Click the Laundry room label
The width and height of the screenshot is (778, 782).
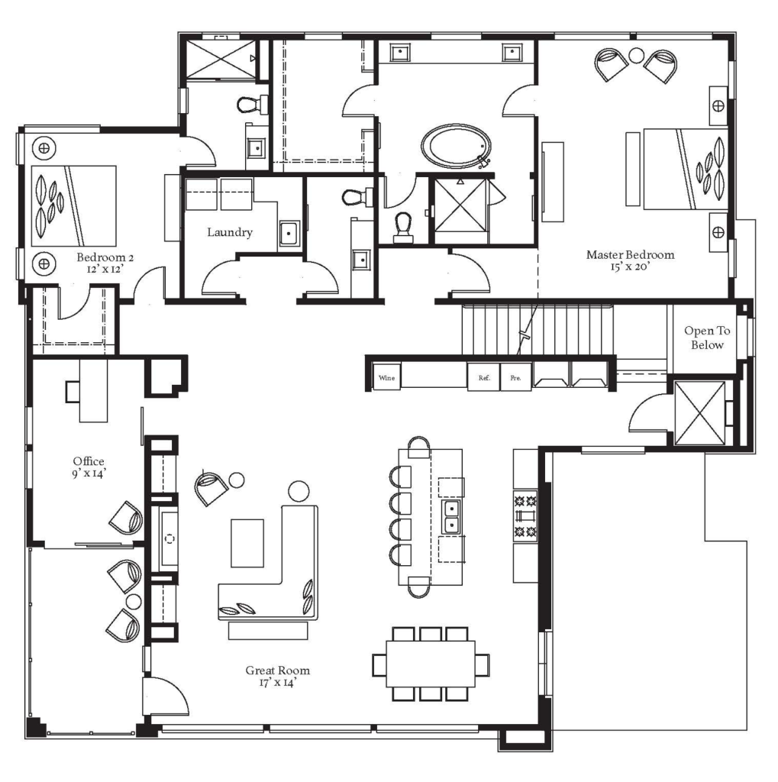(229, 232)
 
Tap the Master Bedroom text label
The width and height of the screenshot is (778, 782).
(630, 255)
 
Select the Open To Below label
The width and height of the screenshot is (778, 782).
(707, 338)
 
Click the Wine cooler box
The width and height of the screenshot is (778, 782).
(386, 377)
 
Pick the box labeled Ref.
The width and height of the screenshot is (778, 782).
(483, 377)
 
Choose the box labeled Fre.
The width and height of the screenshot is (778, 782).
(515, 377)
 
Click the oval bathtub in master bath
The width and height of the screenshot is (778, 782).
(456, 147)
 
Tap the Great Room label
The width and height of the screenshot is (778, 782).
(277, 671)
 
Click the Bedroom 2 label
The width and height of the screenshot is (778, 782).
(105, 257)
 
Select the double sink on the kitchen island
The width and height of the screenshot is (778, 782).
(451, 517)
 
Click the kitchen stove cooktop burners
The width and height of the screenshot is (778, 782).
(525, 515)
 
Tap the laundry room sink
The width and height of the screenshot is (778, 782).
(289, 234)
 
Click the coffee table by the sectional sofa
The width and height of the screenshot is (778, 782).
(247, 543)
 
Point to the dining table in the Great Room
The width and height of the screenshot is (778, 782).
(431, 664)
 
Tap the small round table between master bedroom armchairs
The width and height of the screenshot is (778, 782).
(636, 55)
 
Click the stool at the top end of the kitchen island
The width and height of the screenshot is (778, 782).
(419, 447)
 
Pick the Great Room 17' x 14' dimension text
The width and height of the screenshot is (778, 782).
(278, 682)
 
